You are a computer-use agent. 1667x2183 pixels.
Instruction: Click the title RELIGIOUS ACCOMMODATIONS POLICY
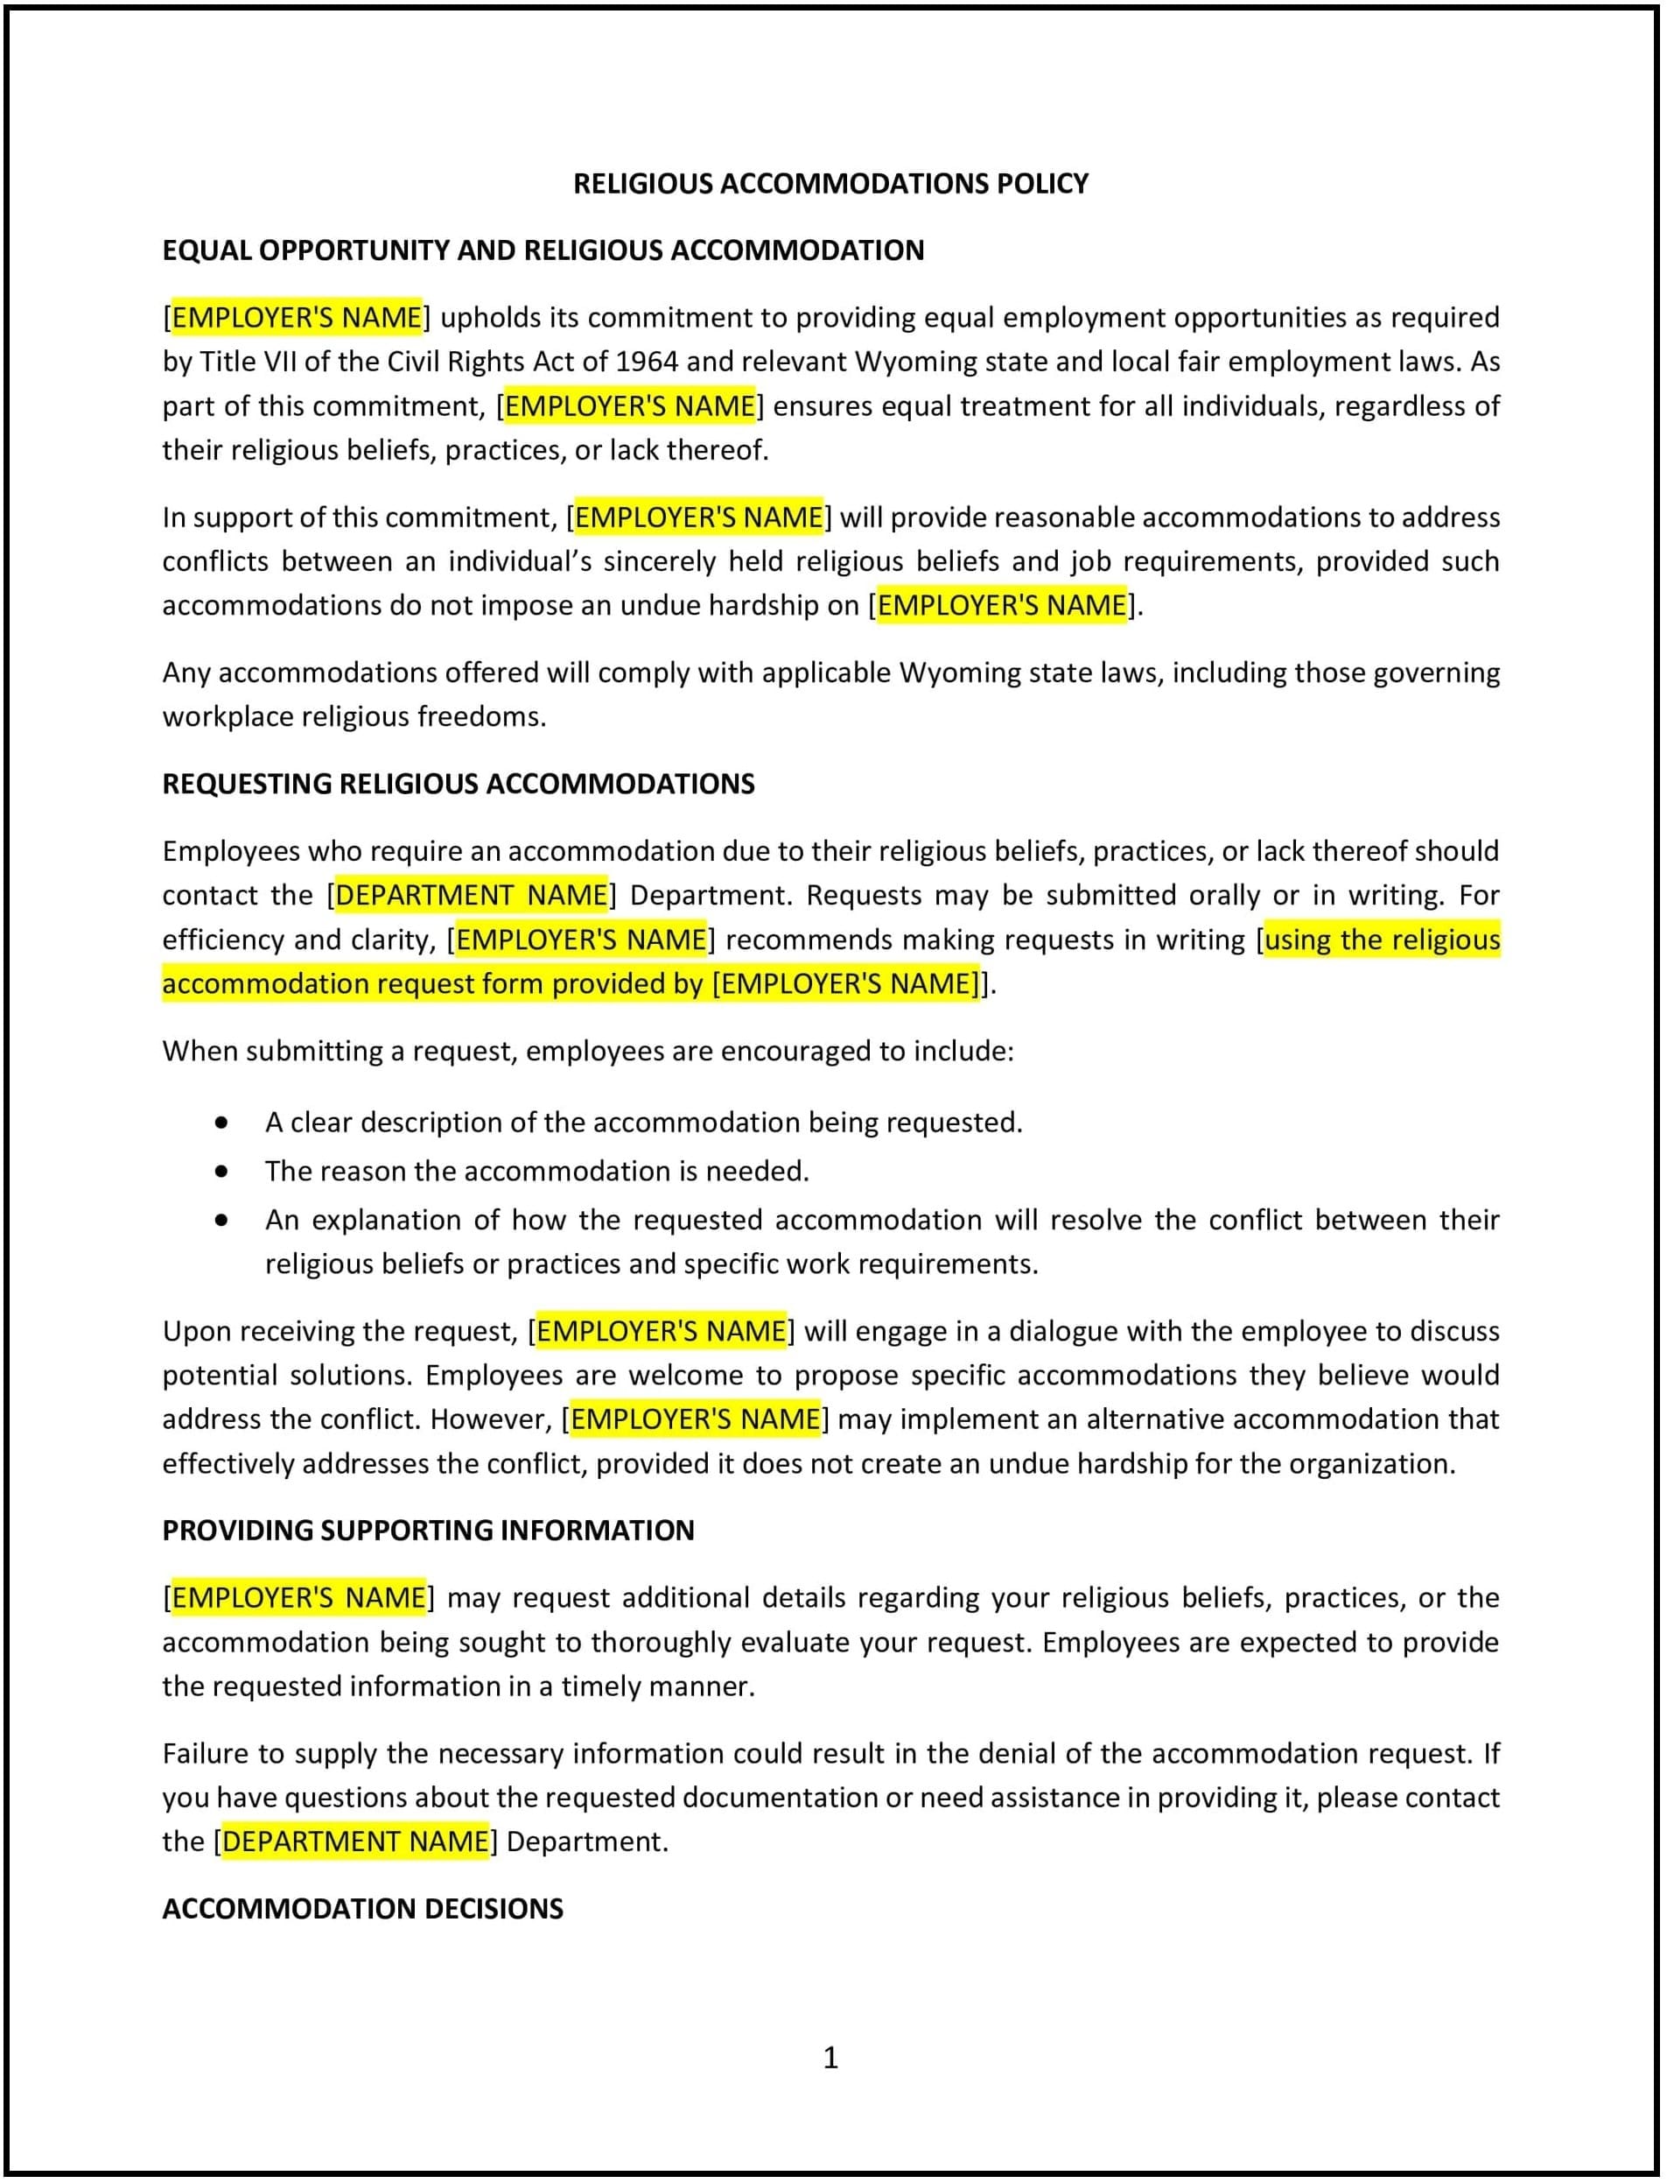click(x=830, y=184)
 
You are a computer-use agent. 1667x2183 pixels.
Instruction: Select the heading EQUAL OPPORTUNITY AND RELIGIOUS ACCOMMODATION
click(x=543, y=250)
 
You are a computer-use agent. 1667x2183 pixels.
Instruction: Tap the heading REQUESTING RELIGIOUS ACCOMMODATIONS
click(x=459, y=785)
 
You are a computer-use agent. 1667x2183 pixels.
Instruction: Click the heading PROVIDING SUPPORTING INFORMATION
click(x=428, y=1531)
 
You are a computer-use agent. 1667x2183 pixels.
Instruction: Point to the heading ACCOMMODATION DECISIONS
click(x=362, y=1909)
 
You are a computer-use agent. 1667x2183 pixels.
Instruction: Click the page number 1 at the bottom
click(x=830, y=2058)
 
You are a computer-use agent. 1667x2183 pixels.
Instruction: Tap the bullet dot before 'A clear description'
click(x=221, y=1123)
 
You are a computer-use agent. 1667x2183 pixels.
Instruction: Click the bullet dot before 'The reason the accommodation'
click(x=221, y=1172)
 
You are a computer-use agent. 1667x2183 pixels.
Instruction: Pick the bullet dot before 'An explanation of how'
click(x=221, y=1220)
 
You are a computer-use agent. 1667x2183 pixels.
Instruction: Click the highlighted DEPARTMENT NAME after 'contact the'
click(x=472, y=896)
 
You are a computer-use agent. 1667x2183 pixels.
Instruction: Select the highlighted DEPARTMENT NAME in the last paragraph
click(x=355, y=1841)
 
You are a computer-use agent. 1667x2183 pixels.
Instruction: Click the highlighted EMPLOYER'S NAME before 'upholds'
click(x=297, y=318)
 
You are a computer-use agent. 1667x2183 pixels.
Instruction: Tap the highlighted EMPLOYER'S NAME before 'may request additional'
click(x=298, y=1597)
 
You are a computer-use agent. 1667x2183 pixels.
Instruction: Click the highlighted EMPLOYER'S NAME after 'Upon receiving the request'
click(x=661, y=1331)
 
